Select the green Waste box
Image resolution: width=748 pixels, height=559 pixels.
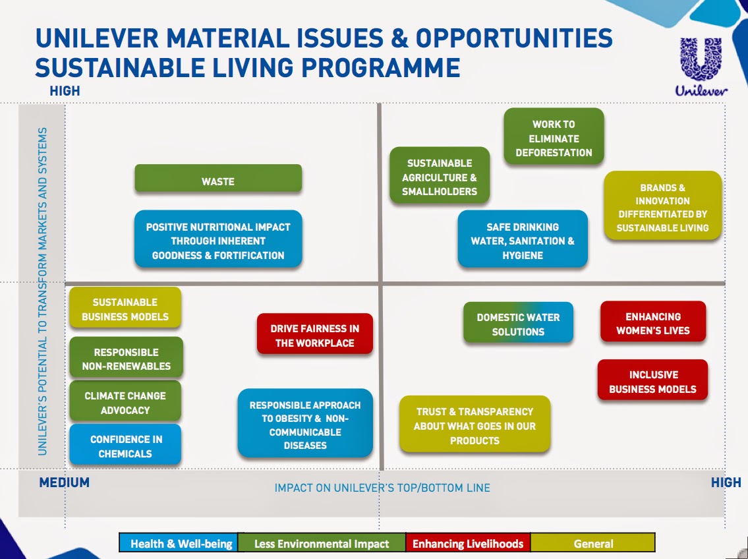(x=218, y=179)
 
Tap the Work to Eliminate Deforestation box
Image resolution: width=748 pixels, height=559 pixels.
(x=554, y=138)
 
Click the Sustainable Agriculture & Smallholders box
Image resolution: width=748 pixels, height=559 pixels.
(x=439, y=177)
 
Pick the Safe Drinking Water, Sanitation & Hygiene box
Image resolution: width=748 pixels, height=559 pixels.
(x=522, y=240)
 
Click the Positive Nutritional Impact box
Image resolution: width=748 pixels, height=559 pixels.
(x=218, y=240)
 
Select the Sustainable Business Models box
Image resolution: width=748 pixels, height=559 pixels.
(x=125, y=309)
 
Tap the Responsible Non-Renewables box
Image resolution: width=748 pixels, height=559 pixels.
(x=126, y=359)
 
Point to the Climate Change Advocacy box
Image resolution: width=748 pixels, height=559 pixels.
(x=125, y=402)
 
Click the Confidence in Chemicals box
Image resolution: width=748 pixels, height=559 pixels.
(x=125, y=446)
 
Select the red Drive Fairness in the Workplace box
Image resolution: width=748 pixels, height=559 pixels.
(x=314, y=335)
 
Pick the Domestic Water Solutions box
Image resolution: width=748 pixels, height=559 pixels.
(x=518, y=324)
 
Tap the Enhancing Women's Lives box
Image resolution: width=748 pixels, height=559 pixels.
(x=652, y=323)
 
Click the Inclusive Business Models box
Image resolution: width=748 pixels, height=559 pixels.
(x=652, y=381)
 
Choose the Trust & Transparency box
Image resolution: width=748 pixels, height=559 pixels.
(x=475, y=425)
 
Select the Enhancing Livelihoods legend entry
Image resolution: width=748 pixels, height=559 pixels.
(x=468, y=543)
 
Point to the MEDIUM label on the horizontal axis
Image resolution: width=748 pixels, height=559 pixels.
(x=64, y=483)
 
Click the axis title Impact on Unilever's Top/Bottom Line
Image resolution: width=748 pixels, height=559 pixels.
(x=382, y=488)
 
